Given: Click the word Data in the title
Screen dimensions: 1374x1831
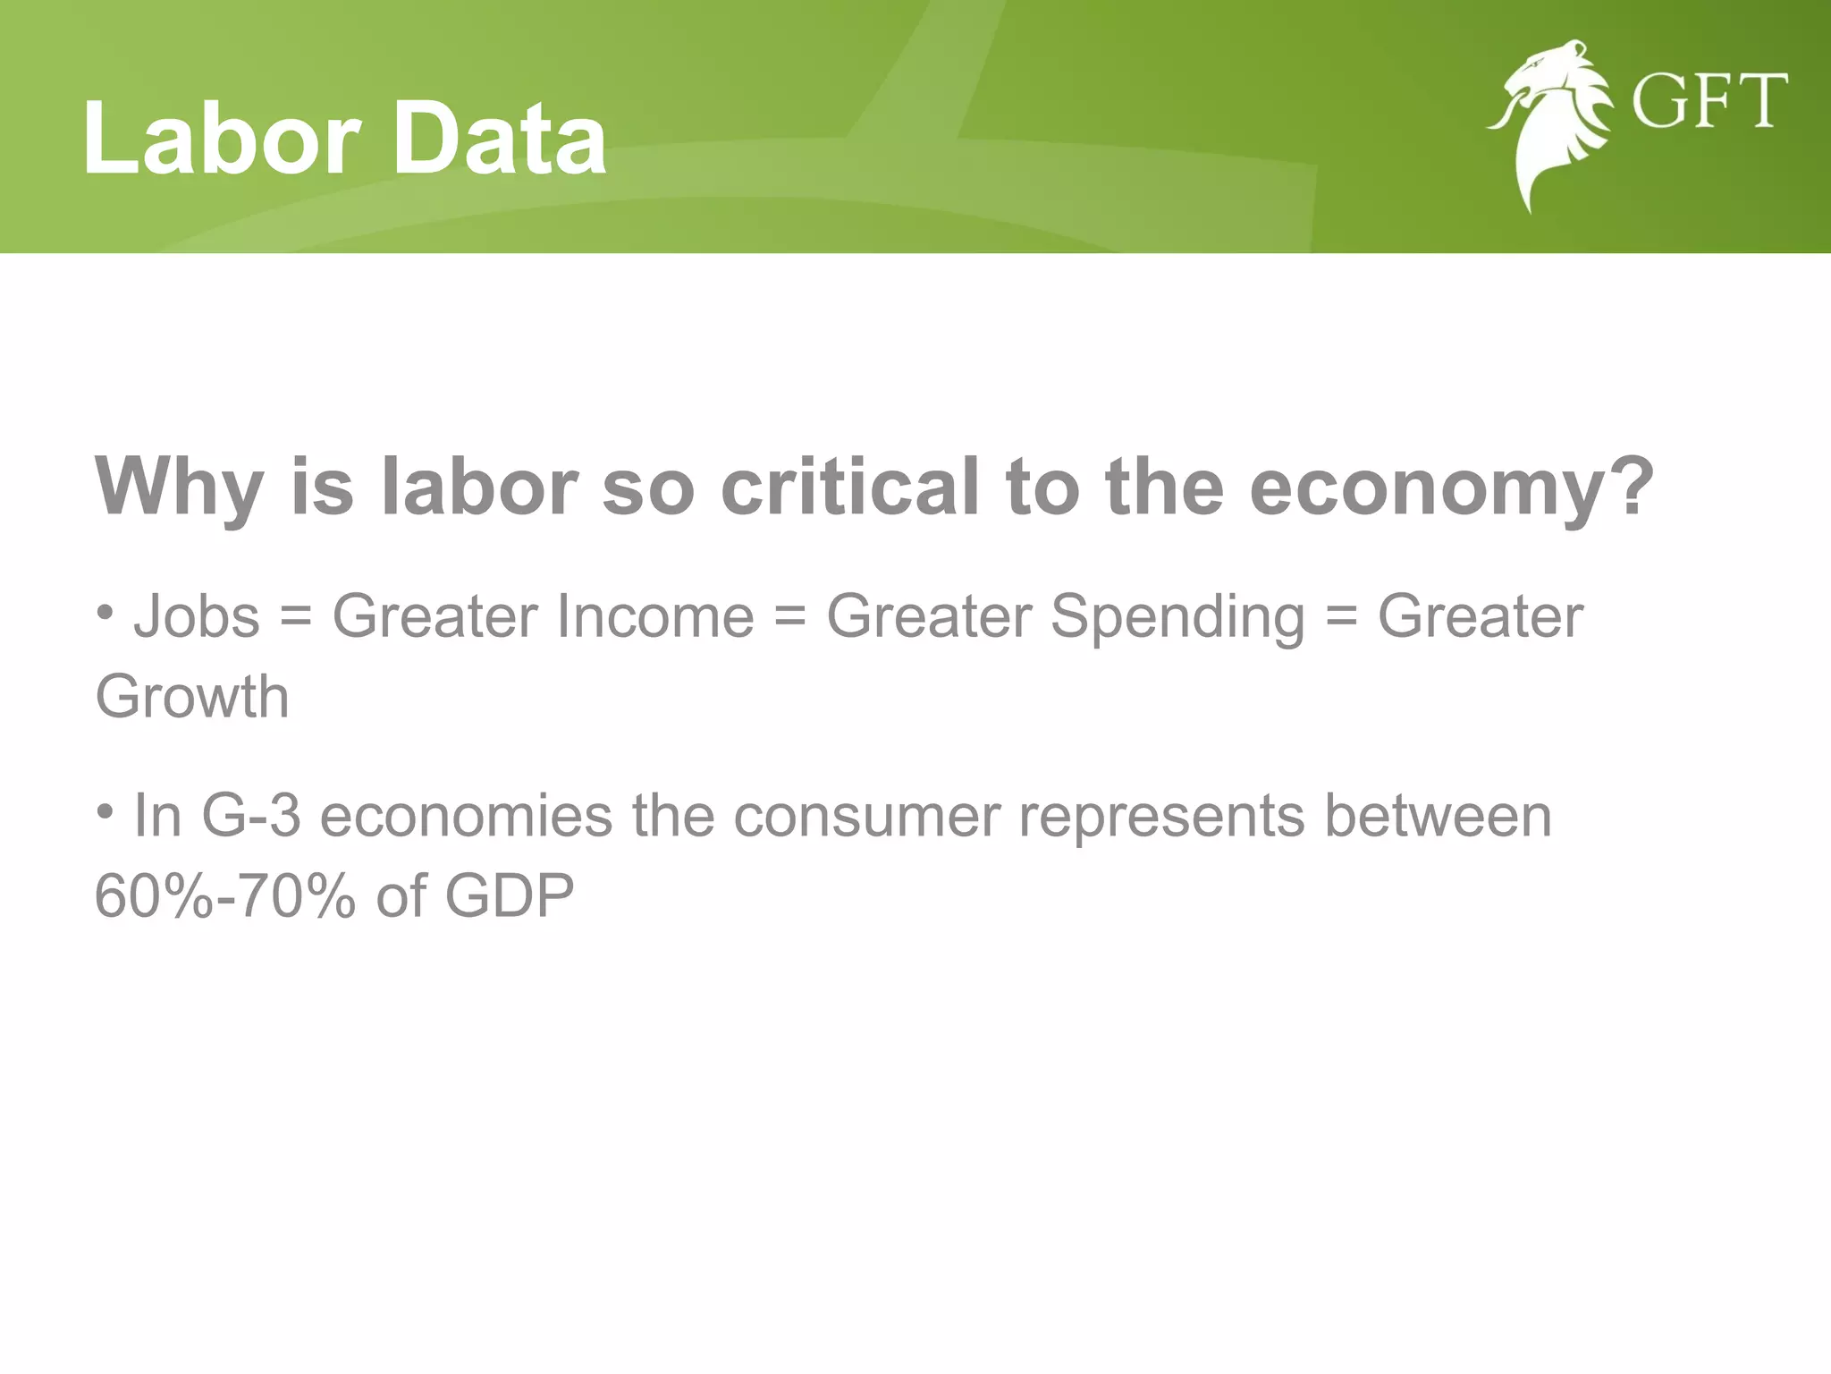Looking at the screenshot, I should pos(500,139).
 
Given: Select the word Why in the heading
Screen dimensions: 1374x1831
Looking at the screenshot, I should pos(180,488).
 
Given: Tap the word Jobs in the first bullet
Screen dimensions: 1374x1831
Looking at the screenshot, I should pos(197,618).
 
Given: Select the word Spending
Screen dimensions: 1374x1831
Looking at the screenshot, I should pos(1177,618).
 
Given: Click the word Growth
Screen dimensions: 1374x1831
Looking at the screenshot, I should pos(192,697).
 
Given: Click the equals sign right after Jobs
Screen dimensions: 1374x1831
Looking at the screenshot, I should pos(296,618).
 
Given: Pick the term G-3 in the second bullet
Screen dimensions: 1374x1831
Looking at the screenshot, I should pos(251,816).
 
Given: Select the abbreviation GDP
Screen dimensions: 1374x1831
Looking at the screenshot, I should pos(510,896).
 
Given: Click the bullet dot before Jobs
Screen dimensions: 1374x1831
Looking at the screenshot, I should pos(105,613).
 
